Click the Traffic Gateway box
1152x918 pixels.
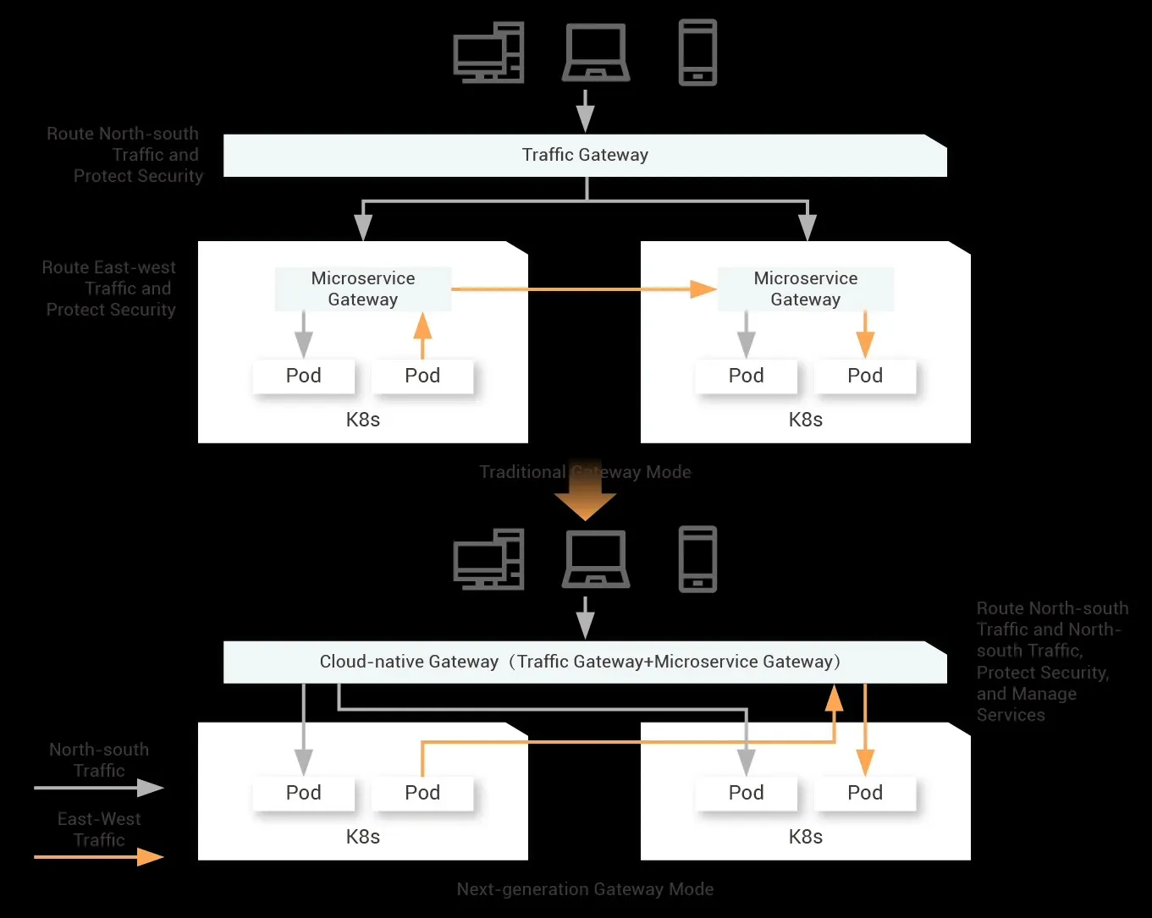pos(585,155)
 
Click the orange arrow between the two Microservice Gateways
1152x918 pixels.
pos(584,289)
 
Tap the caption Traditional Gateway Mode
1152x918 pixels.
pos(585,472)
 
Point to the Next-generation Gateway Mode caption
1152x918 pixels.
pos(585,889)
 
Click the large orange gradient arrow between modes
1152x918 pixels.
pos(585,495)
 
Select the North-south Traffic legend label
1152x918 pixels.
pos(99,760)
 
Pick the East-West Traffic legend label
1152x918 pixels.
pos(99,829)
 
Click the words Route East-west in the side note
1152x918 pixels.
pos(109,267)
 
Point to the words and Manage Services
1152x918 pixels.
pos(1026,704)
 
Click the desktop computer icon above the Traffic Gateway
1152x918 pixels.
pos(488,52)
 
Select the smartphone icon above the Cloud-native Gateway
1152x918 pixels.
pos(697,559)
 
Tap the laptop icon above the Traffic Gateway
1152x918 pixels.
pos(596,52)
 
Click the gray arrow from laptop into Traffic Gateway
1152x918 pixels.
pos(585,110)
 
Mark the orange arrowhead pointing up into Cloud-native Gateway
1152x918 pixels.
pos(834,699)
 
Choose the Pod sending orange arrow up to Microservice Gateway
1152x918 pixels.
pos(422,376)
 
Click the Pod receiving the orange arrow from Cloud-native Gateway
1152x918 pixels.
pos(865,793)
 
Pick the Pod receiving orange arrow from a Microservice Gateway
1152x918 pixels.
pos(865,376)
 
